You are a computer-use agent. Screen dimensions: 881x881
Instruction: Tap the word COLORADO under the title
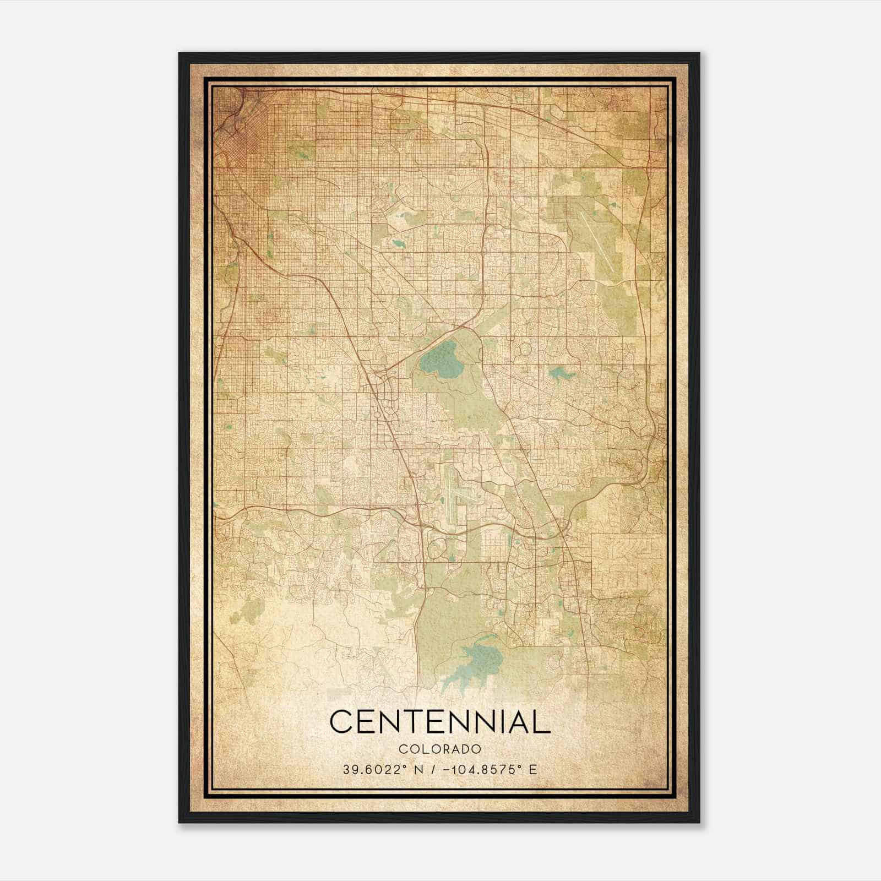coord(440,749)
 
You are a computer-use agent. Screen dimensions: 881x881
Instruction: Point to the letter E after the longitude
coord(532,770)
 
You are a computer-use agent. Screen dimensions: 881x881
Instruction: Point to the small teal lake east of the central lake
coord(560,376)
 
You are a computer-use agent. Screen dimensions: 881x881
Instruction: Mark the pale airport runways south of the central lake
coord(455,487)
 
